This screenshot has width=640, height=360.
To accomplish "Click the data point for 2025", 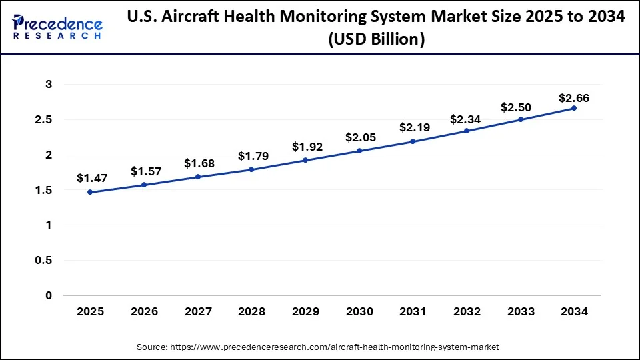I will click(90, 192).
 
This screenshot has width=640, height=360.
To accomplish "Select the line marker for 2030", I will click(359, 151).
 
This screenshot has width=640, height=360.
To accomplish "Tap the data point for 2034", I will click(574, 108).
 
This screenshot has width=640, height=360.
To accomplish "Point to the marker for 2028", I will click(251, 169).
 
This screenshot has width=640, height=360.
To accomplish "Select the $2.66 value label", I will click(574, 98).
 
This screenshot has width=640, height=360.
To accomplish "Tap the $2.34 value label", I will click(467, 119).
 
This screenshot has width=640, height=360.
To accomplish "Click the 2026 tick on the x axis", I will click(144, 311).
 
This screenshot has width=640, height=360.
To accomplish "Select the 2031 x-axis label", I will click(413, 311).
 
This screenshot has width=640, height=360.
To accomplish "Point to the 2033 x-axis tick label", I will click(521, 311).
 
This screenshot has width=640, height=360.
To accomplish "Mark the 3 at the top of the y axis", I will click(49, 85).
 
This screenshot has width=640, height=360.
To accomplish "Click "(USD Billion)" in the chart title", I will click(377, 40).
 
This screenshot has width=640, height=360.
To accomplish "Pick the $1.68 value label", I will click(198, 163).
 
